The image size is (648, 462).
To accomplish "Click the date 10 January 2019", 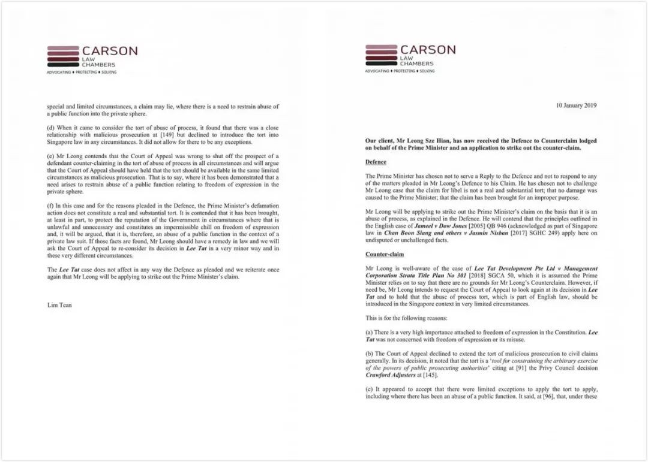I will coord(577,105).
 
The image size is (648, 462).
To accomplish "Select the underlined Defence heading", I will coord(376,162).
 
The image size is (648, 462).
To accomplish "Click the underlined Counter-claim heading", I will coord(384,254).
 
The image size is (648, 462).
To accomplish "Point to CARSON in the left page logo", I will coord(110,51).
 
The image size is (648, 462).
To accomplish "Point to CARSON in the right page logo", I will coord(428,49).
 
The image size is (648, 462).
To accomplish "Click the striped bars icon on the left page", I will coord(63,56).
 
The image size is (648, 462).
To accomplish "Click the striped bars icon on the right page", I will coord(381,55).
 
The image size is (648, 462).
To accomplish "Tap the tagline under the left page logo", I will coord(82,72).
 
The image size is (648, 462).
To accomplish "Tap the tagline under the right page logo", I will coord(400,71).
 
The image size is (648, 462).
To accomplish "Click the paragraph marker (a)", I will coord(369,331).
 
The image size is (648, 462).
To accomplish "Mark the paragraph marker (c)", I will coord(369,389).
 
